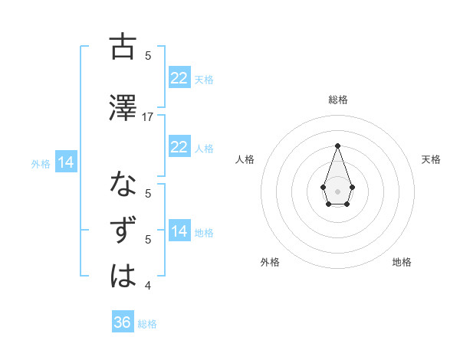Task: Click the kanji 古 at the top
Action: coord(123,47)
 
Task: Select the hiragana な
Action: coord(123,185)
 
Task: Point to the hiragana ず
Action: coord(123,231)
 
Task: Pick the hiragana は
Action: coord(123,277)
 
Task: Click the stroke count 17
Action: coord(148,116)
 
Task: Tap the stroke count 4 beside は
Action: coord(148,286)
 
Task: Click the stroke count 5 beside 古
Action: coord(148,56)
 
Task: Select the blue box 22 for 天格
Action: coord(179,78)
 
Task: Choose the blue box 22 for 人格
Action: coord(179,147)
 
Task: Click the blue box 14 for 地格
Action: coord(179,231)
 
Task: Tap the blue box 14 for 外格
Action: coord(65,162)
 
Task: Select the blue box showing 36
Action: coord(123,322)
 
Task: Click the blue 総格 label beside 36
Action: coord(147,324)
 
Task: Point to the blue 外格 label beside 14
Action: coord(41,163)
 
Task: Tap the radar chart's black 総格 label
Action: coord(337,100)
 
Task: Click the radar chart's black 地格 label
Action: coord(402,262)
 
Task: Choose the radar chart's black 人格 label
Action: coord(245,159)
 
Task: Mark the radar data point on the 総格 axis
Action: coord(337,145)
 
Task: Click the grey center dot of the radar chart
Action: coord(337,191)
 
